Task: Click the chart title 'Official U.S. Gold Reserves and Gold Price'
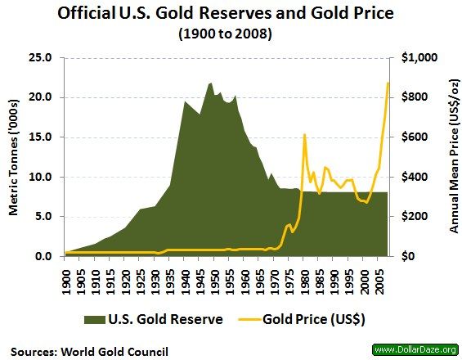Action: (x=231, y=16)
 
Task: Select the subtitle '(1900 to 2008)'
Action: (x=231, y=35)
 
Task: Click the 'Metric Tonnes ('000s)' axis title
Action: (x=14, y=157)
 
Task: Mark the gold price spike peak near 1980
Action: (x=304, y=135)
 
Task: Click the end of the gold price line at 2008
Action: (x=388, y=83)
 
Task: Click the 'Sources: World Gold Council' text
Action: (x=90, y=350)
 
